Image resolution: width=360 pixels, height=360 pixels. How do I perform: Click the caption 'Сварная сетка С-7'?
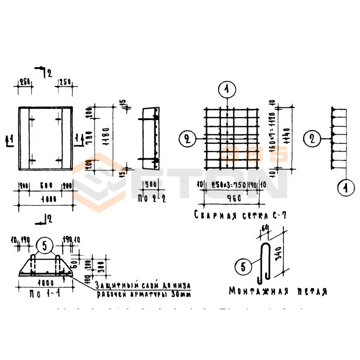point(240,215)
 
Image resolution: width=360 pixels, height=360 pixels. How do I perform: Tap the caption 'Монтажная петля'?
point(278,291)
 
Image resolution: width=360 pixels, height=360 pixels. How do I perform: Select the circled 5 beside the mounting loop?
point(243,267)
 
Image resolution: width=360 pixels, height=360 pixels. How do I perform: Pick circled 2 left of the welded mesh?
point(186,139)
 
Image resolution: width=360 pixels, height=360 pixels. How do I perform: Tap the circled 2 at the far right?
point(311,138)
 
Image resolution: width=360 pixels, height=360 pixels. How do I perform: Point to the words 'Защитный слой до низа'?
point(143,285)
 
